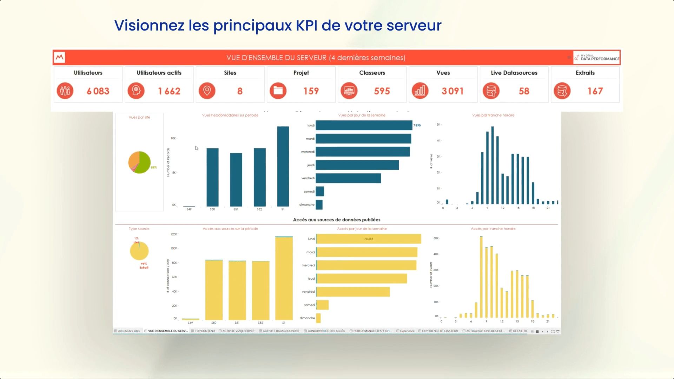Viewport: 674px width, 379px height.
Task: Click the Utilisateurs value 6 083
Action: click(x=98, y=91)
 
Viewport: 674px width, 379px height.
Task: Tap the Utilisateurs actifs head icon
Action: click(x=136, y=91)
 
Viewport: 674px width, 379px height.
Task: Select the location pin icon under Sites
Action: click(x=207, y=91)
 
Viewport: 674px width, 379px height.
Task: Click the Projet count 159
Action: click(x=311, y=91)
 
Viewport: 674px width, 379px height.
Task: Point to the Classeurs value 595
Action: click(x=382, y=91)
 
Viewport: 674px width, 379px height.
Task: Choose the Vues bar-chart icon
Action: click(x=420, y=91)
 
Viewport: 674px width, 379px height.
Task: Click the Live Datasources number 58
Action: click(x=524, y=91)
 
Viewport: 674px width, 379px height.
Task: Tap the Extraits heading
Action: click(x=585, y=73)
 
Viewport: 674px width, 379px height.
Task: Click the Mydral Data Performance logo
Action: click(x=597, y=58)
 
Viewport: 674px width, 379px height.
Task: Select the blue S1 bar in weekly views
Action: click(x=283, y=166)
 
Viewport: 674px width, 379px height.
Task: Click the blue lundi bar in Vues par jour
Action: click(x=364, y=125)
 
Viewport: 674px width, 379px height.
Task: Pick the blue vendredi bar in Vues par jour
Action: click(x=348, y=178)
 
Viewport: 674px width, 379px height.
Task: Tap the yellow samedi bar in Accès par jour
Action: click(x=323, y=305)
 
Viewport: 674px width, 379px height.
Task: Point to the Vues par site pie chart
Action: click(x=139, y=162)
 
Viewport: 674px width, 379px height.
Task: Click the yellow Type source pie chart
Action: click(x=139, y=251)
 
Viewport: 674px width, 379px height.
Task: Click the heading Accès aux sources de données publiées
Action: click(x=337, y=220)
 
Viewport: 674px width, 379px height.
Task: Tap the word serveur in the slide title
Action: click(x=414, y=25)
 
